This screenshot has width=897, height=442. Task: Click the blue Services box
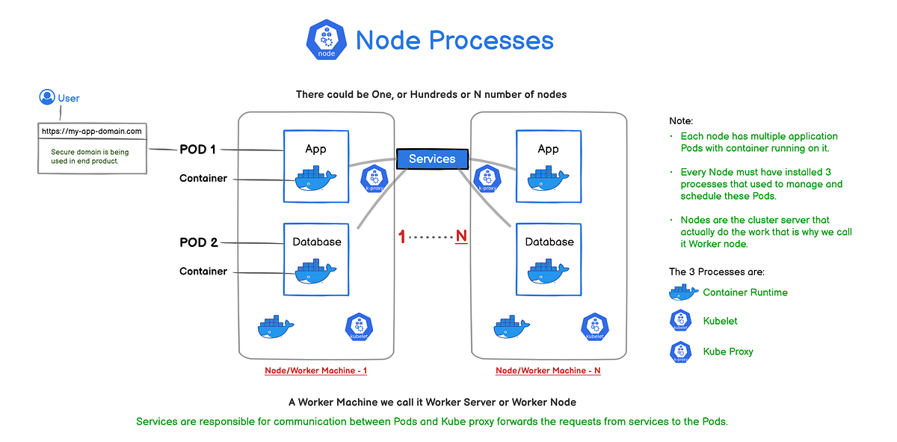coord(432,159)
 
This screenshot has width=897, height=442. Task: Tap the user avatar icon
coord(46,97)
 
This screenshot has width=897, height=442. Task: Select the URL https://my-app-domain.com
coord(91,131)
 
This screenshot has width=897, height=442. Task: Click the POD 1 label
coord(197,150)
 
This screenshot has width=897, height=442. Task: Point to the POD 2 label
coord(198,242)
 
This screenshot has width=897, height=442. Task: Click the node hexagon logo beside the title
coord(327,40)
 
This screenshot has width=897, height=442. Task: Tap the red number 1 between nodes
coord(402,237)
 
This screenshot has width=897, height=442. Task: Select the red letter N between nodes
coord(461,237)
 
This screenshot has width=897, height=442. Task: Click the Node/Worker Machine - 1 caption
coord(316,371)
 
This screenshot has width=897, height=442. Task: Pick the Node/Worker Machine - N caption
coord(548,371)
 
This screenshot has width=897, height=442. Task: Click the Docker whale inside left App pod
coord(315,179)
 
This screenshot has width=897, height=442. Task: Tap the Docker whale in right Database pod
coord(549,271)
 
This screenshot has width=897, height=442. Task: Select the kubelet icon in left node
coord(359,327)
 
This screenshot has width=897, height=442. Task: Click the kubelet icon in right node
coord(595,327)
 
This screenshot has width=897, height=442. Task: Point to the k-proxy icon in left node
coord(373,180)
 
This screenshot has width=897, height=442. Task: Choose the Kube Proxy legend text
coord(728,352)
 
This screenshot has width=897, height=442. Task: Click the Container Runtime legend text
coord(745,292)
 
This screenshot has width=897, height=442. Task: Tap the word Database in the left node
coord(316,242)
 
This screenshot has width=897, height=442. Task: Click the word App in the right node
coord(549,149)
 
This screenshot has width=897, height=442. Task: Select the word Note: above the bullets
coord(681,120)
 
